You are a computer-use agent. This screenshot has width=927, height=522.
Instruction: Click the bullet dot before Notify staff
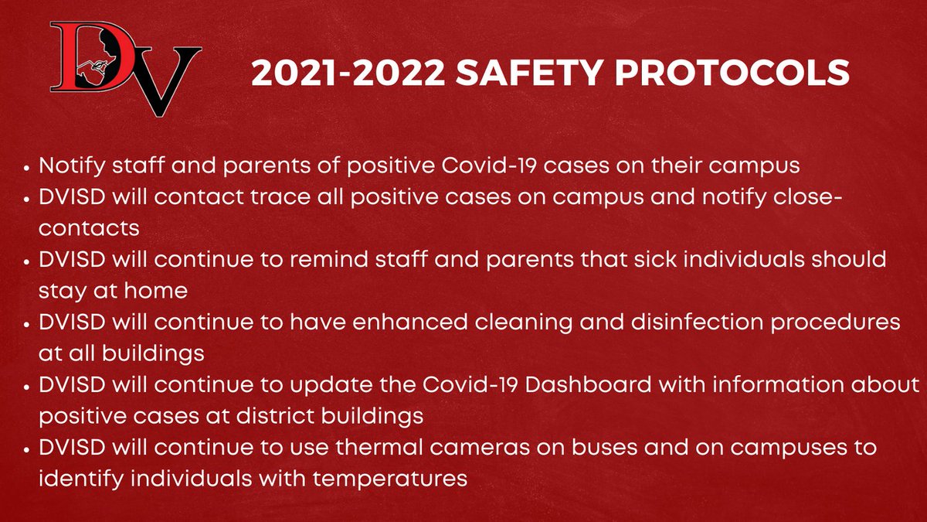(x=29, y=167)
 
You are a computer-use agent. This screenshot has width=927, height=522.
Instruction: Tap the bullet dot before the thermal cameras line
(x=29, y=448)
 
